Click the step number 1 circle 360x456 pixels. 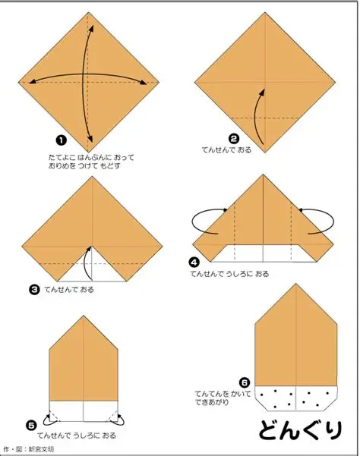tap(61, 140)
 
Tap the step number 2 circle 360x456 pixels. tap(234, 138)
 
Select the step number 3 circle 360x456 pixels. tap(34, 290)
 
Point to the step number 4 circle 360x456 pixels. tap(194, 263)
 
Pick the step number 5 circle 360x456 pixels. tap(31, 426)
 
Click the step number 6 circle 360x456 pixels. tap(245, 382)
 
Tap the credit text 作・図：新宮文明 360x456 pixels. tap(29, 449)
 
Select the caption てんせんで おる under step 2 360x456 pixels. tap(227, 150)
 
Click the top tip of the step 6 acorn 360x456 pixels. tap(296, 284)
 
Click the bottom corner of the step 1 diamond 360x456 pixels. tap(89, 152)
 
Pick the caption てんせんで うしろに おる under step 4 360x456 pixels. tap(229, 274)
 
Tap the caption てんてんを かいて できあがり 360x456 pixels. tap(223, 398)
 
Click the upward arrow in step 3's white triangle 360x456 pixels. tap(86, 262)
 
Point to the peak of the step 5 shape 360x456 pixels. tap(84, 316)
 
